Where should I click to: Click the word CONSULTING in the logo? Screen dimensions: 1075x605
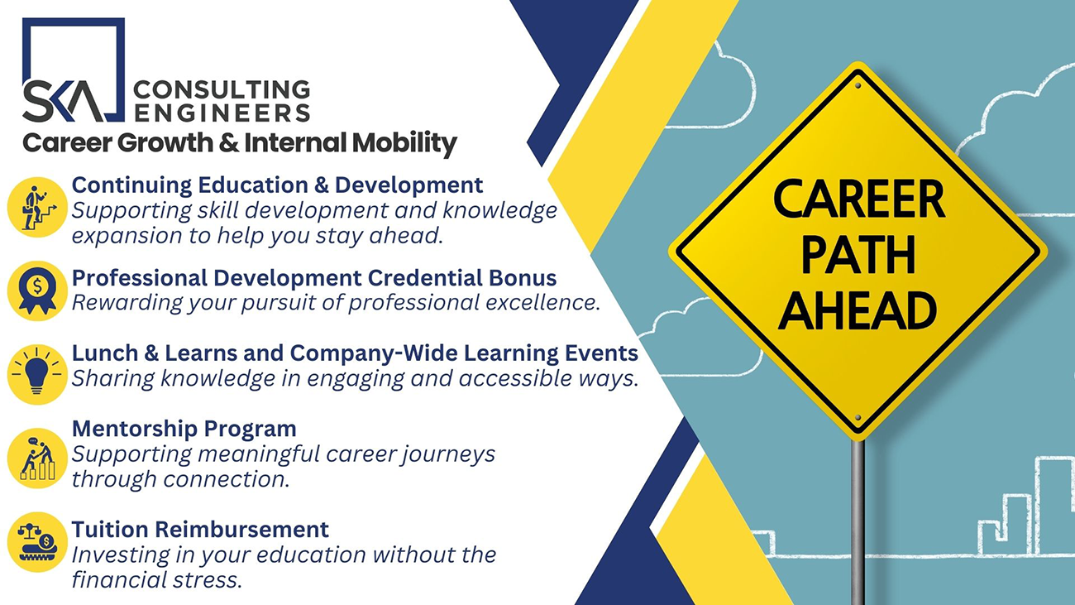pyautogui.click(x=222, y=89)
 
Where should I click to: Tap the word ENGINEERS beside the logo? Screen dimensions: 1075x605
pyautogui.click(x=222, y=113)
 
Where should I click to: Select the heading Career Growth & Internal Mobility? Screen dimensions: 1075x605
pyautogui.click(x=240, y=143)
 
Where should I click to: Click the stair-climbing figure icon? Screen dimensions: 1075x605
pyautogui.click(x=37, y=207)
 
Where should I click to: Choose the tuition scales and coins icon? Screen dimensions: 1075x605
pyautogui.click(x=37, y=542)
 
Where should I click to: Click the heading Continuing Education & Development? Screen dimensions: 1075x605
pyautogui.click(x=277, y=185)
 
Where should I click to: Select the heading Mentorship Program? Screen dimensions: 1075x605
pyautogui.click(x=184, y=429)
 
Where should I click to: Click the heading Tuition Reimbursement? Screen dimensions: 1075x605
pyautogui.click(x=201, y=530)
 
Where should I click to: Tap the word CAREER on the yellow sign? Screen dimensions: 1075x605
pyautogui.click(x=858, y=199)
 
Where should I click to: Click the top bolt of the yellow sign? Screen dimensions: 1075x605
pyautogui.click(x=858, y=86)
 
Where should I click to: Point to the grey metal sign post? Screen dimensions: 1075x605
pyautogui.click(x=858, y=522)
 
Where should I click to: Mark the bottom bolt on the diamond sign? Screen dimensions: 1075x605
pyautogui.click(x=858, y=418)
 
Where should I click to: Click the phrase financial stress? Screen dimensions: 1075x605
pyautogui.click(x=156, y=580)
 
